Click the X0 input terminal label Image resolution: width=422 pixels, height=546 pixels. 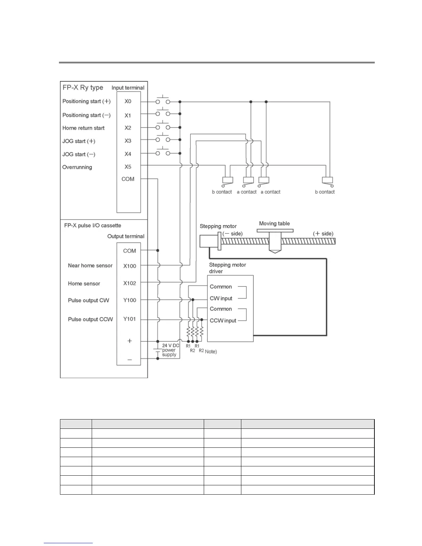pyautogui.click(x=128, y=101)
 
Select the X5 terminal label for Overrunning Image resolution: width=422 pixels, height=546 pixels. pyautogui.click(x=128, y=167)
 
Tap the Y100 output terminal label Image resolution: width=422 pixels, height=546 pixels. pyautogui.click(x=130, y=300)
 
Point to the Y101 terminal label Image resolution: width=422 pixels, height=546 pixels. pyautogui.click(x=130, y=319)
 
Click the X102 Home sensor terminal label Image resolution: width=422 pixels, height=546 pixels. pyautogui.click(x=130, y=283)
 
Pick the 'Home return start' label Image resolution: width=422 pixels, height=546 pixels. pyautogui.click(x=83, y=128)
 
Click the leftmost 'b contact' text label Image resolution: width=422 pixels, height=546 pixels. pyautogui.click(x=222, y=192)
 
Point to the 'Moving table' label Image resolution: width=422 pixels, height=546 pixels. pyautogui.click(x=274, y=223)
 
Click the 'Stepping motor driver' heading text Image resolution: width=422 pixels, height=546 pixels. pyautogui.click(x=227, y=268)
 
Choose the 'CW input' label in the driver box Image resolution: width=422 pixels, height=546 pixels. pyautogui.click(x=221, y=299)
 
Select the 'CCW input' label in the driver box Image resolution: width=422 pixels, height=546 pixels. pyautogui.click(x=223, y=321)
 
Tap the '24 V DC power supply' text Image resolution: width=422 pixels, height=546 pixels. pyautogui.click(x=170, y=350)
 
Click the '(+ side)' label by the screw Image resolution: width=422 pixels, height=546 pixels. pyautogui.click(x=323, y=234)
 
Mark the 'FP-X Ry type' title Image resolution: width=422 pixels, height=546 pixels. pyautogui.click(x=83, y=88)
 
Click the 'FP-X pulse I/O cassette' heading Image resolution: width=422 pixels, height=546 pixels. pyautogui.click(x=92, y=225)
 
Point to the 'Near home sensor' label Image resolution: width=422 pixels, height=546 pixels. pyautogui.click(x=90, y=265)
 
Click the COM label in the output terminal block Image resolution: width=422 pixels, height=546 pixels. pyautogui.click(x=130, y=251)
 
